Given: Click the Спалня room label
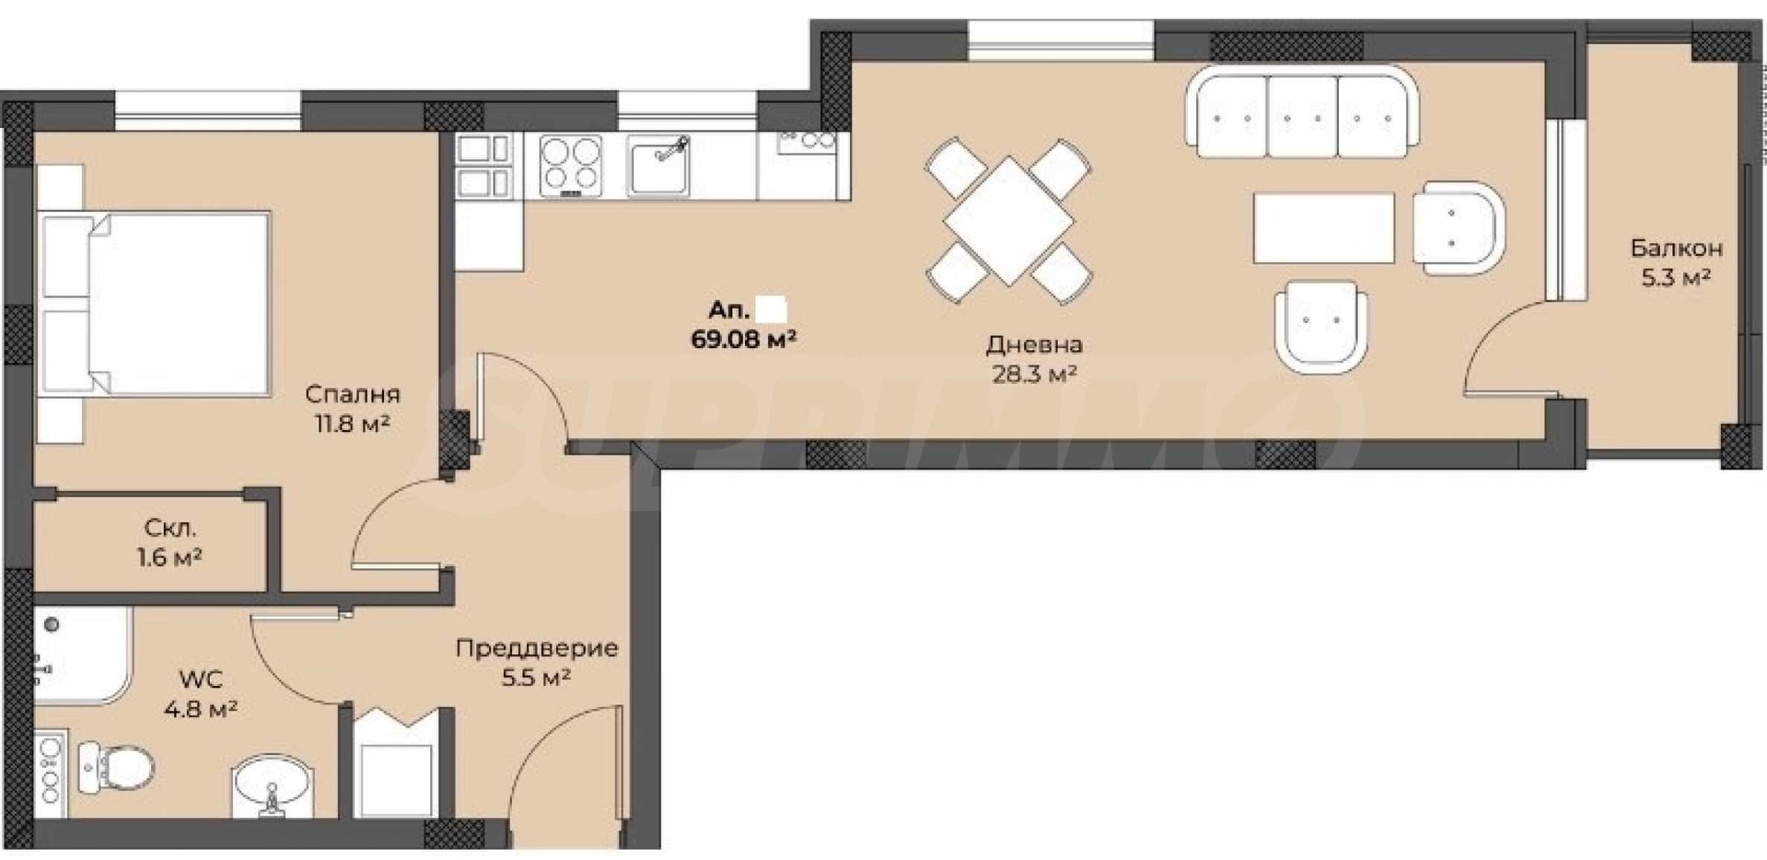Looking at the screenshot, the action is [x=352, y=394].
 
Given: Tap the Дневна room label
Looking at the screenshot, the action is [x=1034, y=344].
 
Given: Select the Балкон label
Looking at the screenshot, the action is [x=1676, y=248].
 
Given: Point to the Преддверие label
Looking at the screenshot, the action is [x=537, y=649].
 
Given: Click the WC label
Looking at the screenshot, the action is [x=200, y=680].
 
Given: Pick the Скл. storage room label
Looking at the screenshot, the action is [x=170, y=529].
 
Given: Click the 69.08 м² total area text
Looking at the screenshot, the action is [x=744, y=340].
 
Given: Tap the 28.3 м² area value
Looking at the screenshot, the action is [x=1034, y=374].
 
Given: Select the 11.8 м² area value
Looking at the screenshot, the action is [x=352, y=424].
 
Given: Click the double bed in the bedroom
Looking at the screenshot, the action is [x=155, y=303].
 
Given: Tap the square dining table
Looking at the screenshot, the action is [x=1008, y=221].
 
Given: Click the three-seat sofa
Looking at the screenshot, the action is [x=1302, y=111].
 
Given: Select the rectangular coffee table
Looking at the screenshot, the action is [x=1323, y=228].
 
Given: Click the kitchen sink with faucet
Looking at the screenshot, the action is [x=658, y=166].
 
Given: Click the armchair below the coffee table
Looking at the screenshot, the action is [x=1320, y=327].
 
